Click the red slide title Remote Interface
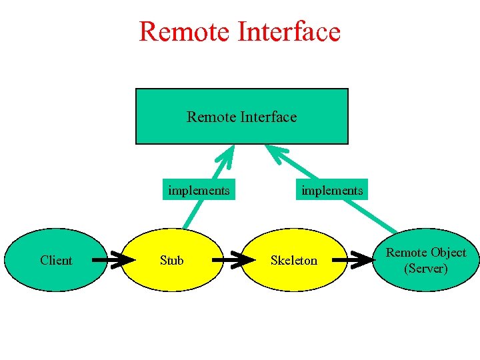[x=239, y=31]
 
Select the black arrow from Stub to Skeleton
[x=231, y=260]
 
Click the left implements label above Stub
[x=199, y=191]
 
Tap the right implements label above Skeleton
[x=332, y=191]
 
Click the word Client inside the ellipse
[x=56, y=260]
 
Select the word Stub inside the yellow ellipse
[x=172, y=260]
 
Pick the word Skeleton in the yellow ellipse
[x=293, y=260]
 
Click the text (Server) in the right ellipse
[x=426, y=268]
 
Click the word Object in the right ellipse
[x=448, y=253]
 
